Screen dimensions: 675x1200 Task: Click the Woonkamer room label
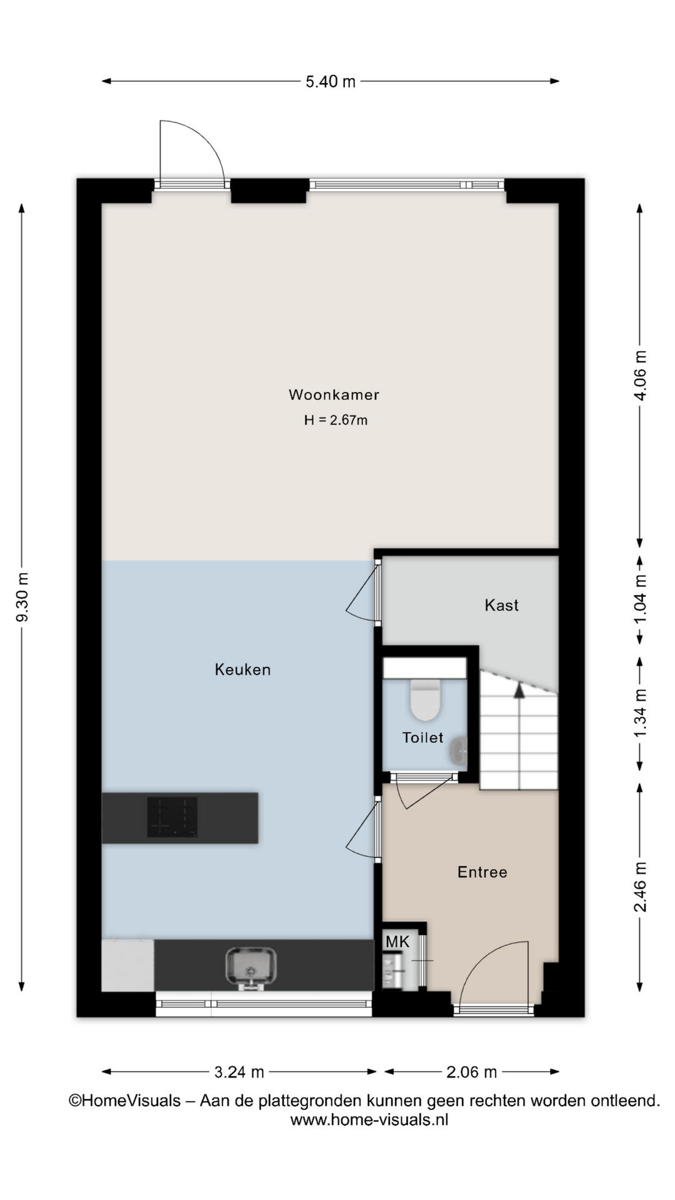point(334,394)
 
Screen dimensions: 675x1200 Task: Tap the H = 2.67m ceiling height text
point(336,420)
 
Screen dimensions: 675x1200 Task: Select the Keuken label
point(242,669)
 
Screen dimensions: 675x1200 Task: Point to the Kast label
point(501,605)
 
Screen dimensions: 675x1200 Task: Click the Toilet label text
point(422,737)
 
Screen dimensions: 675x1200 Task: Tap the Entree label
point(482,872)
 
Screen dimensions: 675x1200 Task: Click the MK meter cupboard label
point(397,941)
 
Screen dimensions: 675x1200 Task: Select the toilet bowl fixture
point(426,700)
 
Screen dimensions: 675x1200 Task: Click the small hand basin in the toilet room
point(459,751)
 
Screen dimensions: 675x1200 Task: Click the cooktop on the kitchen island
point(172,817)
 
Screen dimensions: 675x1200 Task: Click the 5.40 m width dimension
point(331,81)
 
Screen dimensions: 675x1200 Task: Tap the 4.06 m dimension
point(640,376)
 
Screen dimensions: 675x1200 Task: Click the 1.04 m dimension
point(640,598)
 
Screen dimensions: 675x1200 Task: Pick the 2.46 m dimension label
point(640,886)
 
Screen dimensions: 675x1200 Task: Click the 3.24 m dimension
point(239,1072)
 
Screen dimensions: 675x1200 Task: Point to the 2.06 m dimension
point(472,1072)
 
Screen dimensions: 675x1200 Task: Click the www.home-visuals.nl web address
point(369,1120)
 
